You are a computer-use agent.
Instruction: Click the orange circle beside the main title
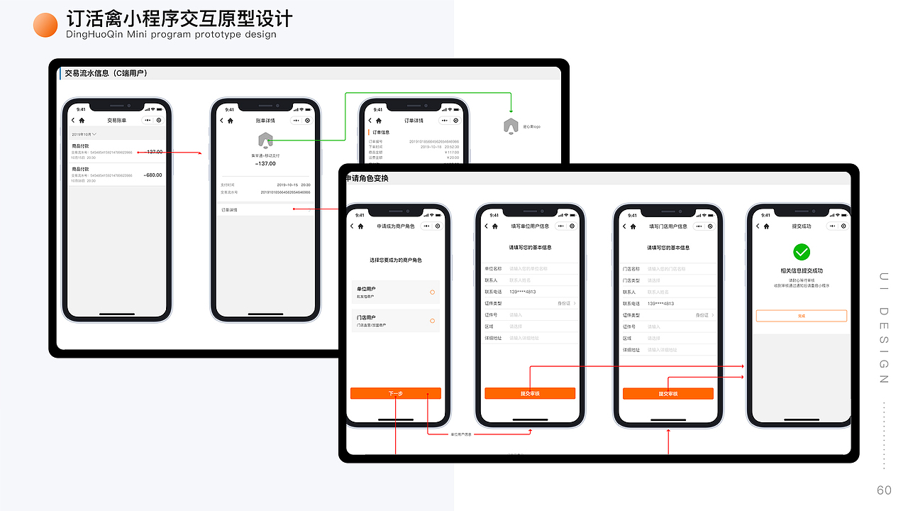[45, 25]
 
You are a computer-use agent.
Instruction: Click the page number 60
[884, 490]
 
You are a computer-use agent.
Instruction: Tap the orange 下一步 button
[395, 393]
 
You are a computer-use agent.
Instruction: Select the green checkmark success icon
[801, 252]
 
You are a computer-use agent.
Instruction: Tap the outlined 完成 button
[801, 316]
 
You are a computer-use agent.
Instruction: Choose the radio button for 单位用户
[432, 292]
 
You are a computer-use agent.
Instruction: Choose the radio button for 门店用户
[432, 321]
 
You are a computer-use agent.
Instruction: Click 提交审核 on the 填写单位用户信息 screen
[530, 393]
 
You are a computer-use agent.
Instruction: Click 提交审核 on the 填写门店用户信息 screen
[668, 393]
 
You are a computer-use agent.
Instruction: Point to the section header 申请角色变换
[367, 178]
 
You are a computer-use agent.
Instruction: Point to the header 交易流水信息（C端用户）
[106, 73]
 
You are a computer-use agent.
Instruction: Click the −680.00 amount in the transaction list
[153, 175]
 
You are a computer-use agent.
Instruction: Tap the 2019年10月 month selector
[84, 133]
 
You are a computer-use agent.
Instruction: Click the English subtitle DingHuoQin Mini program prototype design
[171, 35]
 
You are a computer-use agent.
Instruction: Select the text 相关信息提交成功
[801, 270]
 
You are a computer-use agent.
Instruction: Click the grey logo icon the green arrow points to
[510, 126]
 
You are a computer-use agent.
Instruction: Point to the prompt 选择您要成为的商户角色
[395, 260]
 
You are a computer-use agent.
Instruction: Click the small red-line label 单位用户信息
[461, 434]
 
